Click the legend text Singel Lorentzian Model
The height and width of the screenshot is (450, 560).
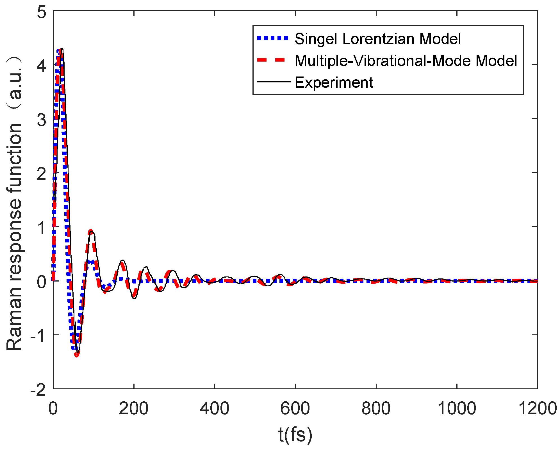point(377,39)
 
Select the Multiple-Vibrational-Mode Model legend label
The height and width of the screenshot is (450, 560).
point(406,61)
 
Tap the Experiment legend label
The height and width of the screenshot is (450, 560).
point(334,83)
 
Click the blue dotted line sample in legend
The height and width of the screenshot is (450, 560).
point(272,39)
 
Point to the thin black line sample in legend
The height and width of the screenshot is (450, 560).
point(274,82)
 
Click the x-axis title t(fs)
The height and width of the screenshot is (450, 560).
point(295,434)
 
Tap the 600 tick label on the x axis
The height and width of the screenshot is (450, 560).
point(295,408)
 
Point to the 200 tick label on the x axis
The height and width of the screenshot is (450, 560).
point(134,408)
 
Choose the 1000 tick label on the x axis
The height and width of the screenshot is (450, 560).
point(457,408)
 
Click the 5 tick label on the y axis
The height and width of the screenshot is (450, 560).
point(41,12)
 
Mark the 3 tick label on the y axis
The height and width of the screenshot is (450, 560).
point(41,120)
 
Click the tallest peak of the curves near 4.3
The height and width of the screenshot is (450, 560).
point(61,49)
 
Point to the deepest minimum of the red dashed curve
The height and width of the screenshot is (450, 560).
point(77,355)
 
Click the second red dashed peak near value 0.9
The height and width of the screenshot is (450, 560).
point(90,232)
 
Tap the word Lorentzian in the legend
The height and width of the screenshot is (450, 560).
point(378,39)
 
